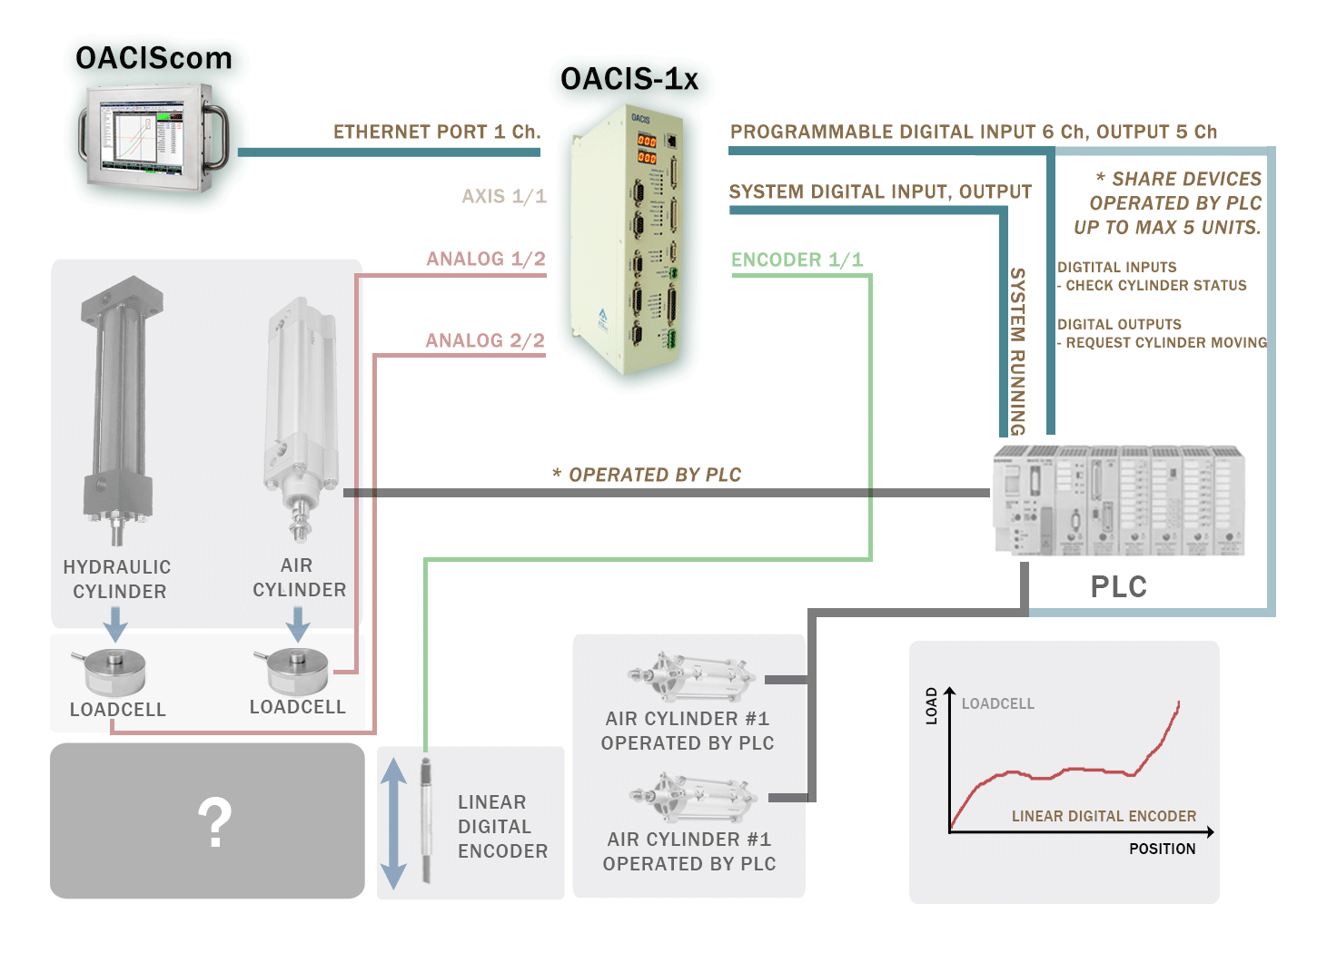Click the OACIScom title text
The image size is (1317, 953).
[x=153, y=58]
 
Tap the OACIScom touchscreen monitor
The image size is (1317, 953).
[x=152, y=138]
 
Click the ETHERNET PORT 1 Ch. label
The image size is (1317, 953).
[x=437, y=132]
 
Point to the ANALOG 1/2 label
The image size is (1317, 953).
[x=486, y=259]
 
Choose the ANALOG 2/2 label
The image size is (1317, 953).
[x=485, y=340]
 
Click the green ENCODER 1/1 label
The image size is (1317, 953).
[x=797, y=260]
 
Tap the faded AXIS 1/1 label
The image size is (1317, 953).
[x=504, y=196]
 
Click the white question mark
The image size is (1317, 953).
[x=215, y=822]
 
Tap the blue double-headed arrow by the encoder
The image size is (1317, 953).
[x=393, y=823]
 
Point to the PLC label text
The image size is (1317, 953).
[x=1118, y=586]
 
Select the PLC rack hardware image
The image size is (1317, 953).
[x=1118, y=501]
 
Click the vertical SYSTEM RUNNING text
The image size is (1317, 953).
[x=1017, y=351]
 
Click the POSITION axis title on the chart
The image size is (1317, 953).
[x=1162, y=849]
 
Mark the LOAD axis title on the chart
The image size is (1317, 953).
[x=931, y=705]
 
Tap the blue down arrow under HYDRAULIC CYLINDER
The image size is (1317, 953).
[x=115, y=624]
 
